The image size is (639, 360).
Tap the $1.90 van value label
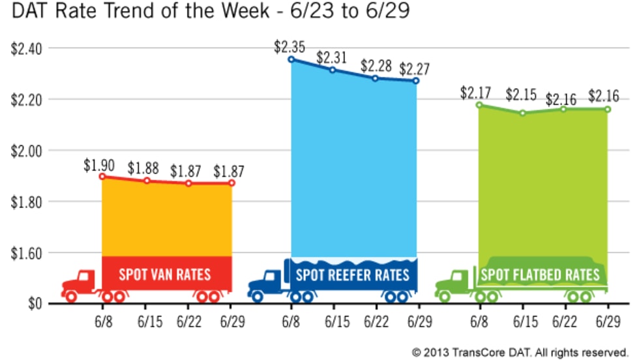point(99,166)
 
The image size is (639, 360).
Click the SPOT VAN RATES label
point(164,274)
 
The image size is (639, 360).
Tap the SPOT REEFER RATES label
point(353,274)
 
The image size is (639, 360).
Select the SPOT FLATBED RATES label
point(540,275)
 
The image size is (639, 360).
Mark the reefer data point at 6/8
point(291,59)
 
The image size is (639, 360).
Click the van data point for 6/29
point(231,183)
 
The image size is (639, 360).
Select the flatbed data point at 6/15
point(522,113)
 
